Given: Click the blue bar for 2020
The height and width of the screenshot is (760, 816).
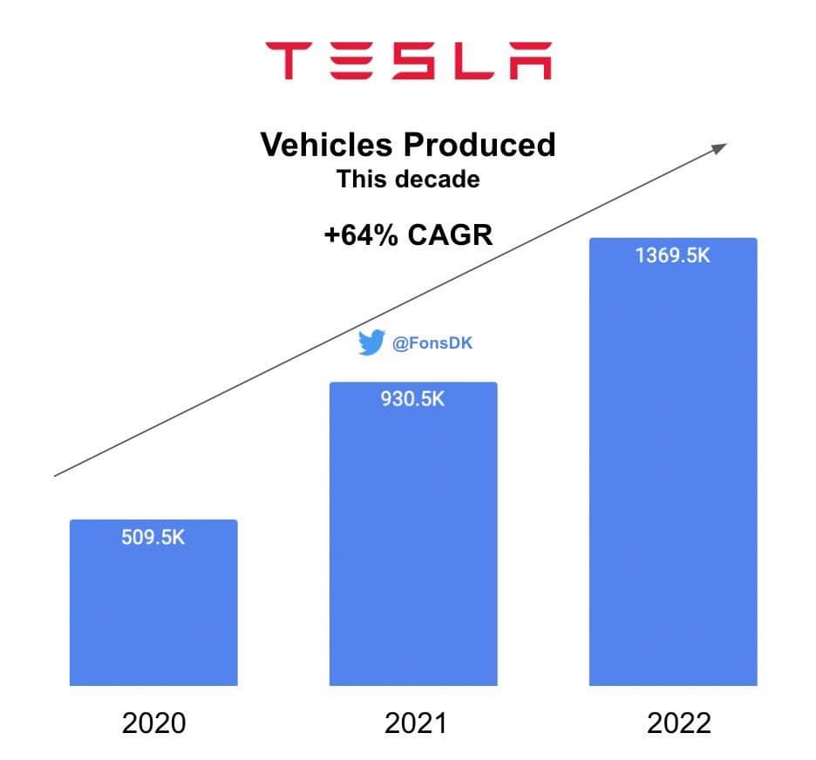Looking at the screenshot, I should tap(153, 610).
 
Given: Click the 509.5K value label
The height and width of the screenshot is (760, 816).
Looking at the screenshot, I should tap(153, 537).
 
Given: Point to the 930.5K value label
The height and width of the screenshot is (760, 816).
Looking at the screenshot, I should tap(413, 399).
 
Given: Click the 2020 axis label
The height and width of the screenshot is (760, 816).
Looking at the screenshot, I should tap(154, 723).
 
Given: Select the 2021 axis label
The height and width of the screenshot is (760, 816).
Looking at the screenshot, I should tap(415, 723).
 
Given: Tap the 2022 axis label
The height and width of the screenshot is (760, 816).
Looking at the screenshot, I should tap(674, 723).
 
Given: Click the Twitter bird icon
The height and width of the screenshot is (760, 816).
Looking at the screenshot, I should tap(371, 344).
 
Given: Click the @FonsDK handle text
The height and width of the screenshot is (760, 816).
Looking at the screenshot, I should tap(432, 344).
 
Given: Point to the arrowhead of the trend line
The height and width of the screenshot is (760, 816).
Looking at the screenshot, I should tap(719, 146).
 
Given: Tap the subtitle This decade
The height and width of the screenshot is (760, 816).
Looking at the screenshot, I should tap(408, 180).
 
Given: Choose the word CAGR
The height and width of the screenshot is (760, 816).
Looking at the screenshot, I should tap(451, 235).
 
